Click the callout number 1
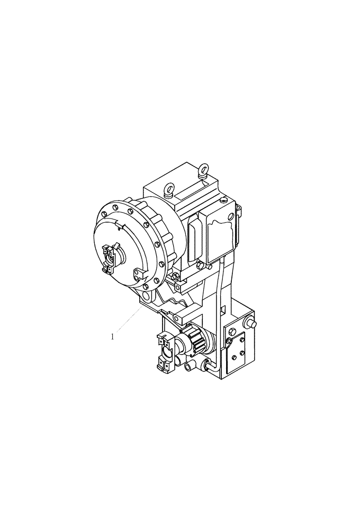[x=112, y=335]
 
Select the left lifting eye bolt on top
[x=169, y=188]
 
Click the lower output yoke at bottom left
[x=165, y=352]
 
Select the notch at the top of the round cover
[x=120, y=226]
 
